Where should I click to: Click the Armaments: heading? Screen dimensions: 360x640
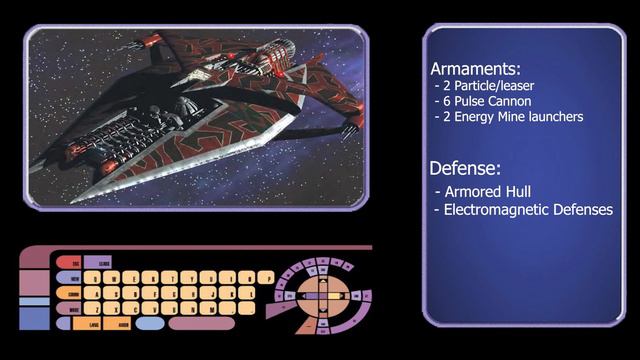click(x=475, y=69)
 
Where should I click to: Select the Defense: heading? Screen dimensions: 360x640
click(x=465, y=167)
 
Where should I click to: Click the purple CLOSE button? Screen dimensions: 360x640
click(x=104, y=262)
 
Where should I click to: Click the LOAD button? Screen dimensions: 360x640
click(x=93, y=324)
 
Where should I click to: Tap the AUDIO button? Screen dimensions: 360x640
click(x=121, y=324)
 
